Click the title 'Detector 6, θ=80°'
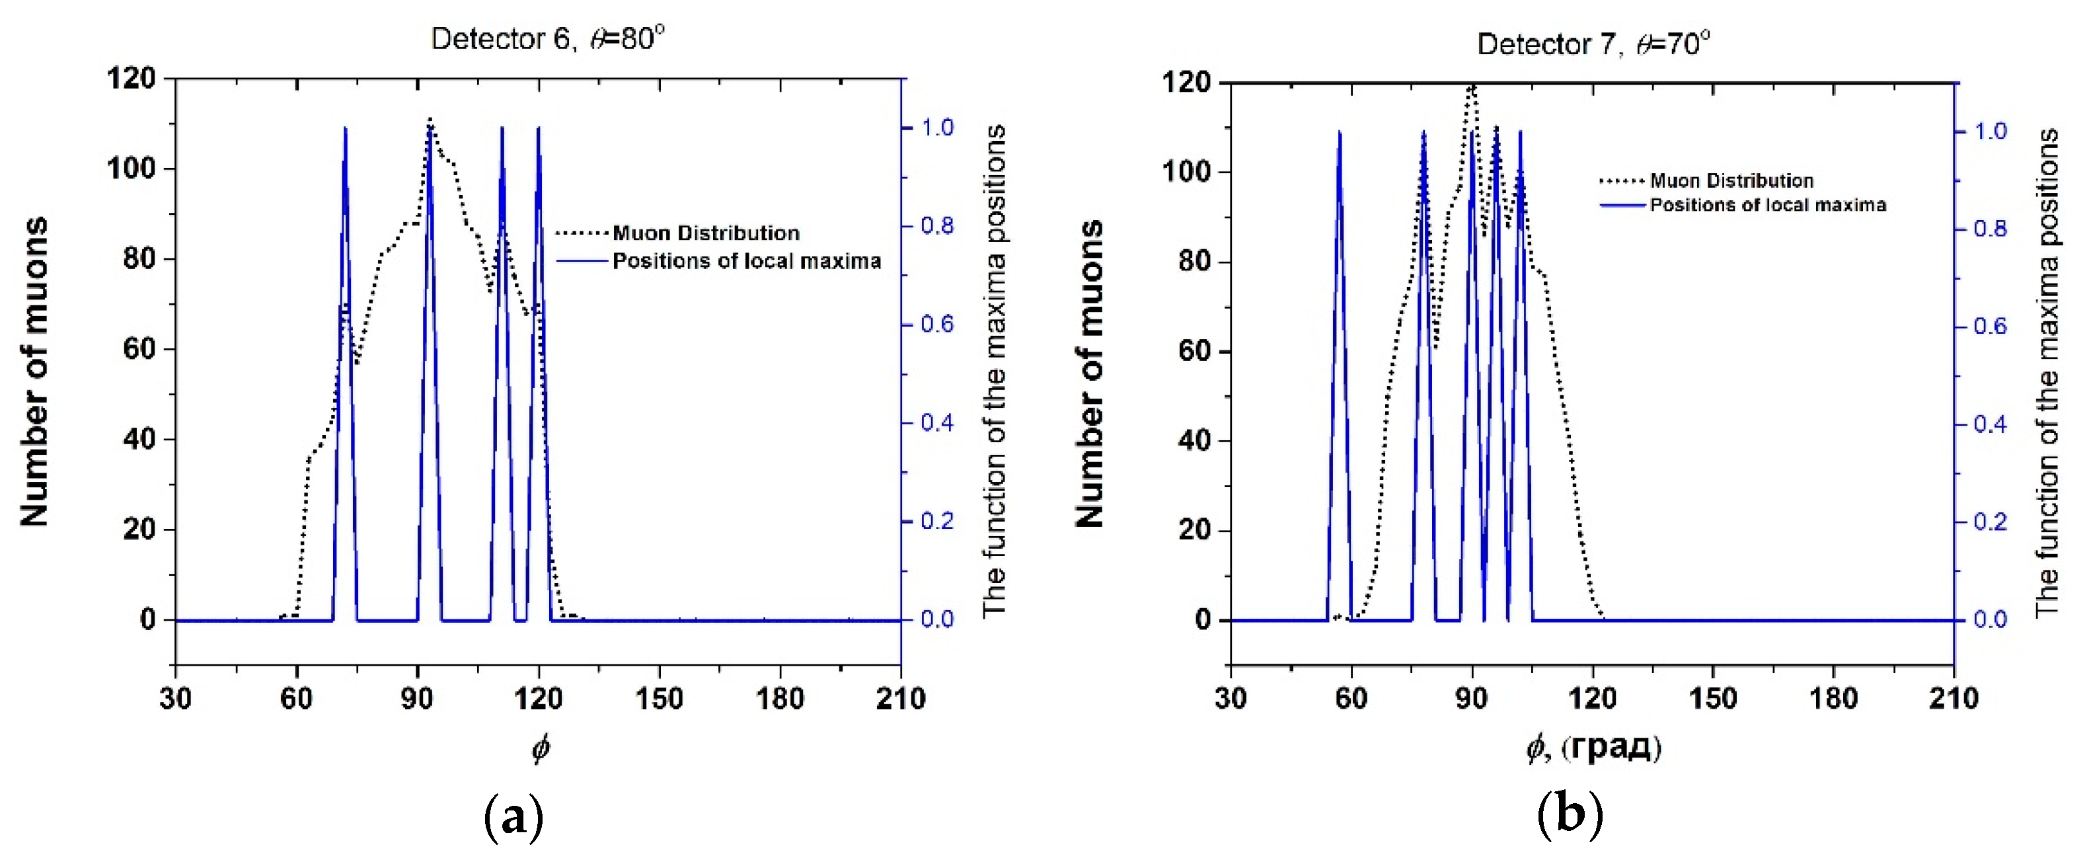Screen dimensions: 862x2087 pyautogui.click(x=548, y=38)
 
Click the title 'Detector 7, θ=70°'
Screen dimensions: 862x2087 pyautogui.click(x=1593, y=43)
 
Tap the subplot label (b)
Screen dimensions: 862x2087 pyautogui.click(x=1570, y=815)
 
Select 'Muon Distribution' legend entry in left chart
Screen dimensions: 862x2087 pyautogui.click(x=705, y=233)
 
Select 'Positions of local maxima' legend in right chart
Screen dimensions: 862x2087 pyautogui.click(x=1767, y=205)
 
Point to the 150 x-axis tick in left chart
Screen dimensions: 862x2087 pyautogui.click(x=659, y=698)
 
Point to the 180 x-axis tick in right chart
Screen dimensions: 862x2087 pyautogui.click(x=1833, y=698)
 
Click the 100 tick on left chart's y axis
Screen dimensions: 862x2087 pyautogui.click(x=132, y=169)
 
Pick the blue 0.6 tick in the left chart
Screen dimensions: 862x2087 pyautogui.click(x=936, y=324)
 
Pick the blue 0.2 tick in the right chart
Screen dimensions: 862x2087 pyautogui.click(x=1990, y=522)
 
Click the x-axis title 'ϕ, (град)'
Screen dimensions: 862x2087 pyautogui.click(x=1593, y=747)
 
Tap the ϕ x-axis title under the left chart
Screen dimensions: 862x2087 pyautogui.click(x=541, y=747)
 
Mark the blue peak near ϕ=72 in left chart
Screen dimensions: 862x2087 pyautogui.click(x=345, y=130)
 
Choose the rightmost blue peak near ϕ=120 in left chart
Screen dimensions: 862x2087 pyautogui.click(x=538, y=130)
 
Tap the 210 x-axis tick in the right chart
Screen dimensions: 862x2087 pyautogui.click(x=1954, y=698)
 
